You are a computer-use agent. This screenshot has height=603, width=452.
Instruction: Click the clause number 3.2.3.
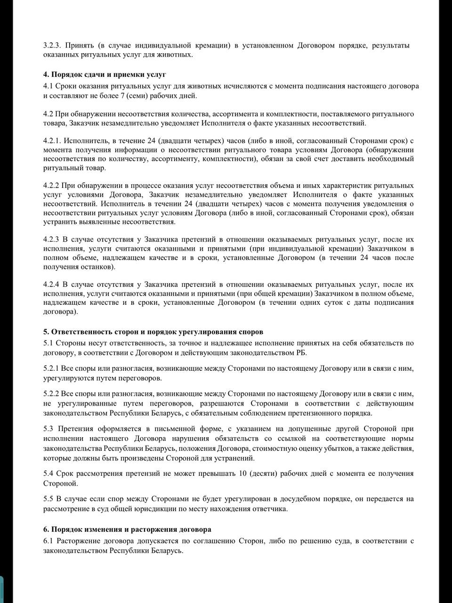pyautogui.click(x=51, y=46)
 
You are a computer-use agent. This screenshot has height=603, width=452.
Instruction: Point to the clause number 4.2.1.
pyautogui.click(x=52, y=140)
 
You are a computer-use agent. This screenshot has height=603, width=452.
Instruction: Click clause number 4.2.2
pyautogui.click(x=51, y=185)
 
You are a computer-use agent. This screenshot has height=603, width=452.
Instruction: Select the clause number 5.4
pyautogui.click(x=48, y=473)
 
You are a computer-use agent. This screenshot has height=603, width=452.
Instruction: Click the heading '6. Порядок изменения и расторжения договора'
pyautogui.click(x=127, y=530)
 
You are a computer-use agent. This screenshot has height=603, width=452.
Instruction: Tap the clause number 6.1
pyautogui.click(x=48, y=541)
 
